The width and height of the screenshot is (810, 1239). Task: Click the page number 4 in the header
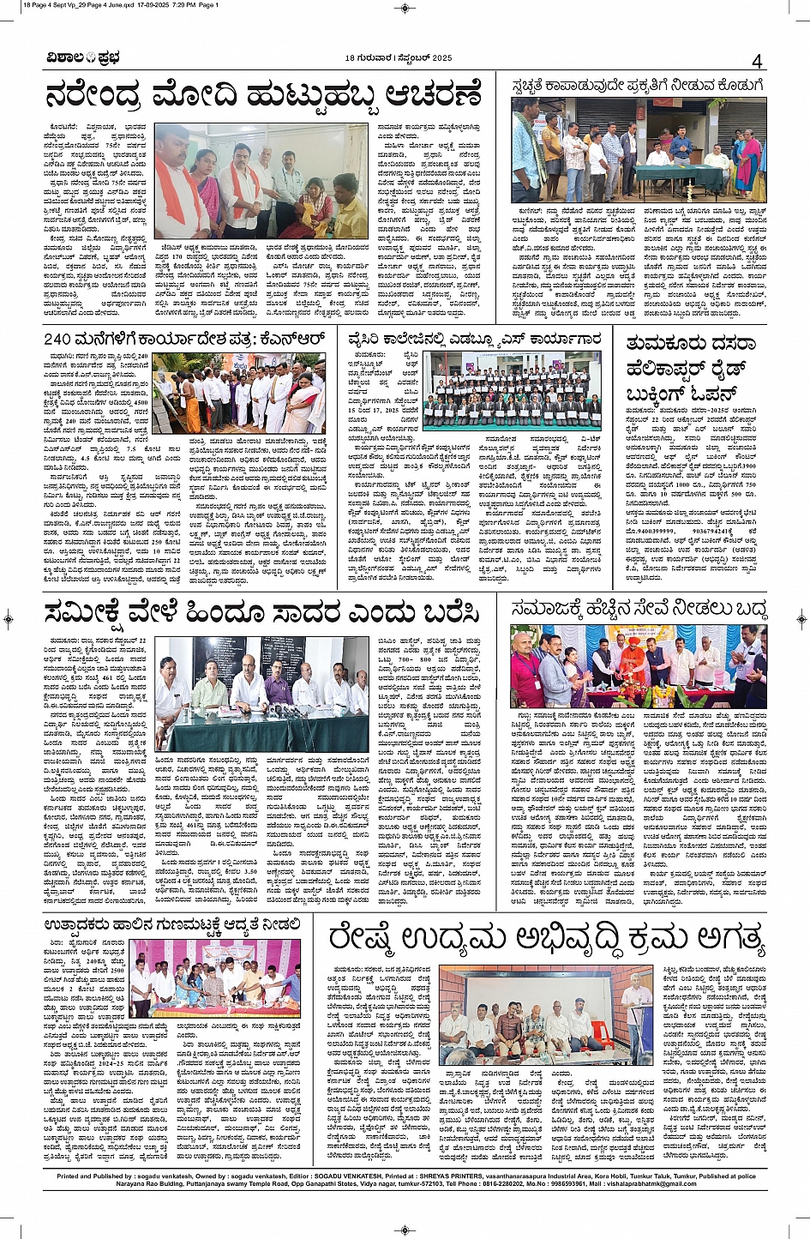757,61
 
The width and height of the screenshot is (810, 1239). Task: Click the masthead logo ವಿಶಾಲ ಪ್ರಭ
83,58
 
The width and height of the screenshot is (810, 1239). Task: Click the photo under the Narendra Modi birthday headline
261,169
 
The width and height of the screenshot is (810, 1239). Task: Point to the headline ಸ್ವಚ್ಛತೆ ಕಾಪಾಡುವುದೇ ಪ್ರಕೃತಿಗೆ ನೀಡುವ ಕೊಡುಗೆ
637,86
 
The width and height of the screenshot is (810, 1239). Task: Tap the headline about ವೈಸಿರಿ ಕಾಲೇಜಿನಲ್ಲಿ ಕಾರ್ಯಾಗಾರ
474,340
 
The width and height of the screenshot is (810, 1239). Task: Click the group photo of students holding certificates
514,392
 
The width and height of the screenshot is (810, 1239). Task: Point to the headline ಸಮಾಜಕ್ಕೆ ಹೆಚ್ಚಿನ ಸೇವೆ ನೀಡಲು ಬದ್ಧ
638,610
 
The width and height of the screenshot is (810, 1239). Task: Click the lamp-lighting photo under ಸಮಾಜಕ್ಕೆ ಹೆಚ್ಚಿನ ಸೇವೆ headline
638,666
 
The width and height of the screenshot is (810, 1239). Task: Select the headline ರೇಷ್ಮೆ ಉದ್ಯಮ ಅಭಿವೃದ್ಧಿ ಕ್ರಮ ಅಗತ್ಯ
545,938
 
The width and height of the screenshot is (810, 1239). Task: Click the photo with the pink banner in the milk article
214,978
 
